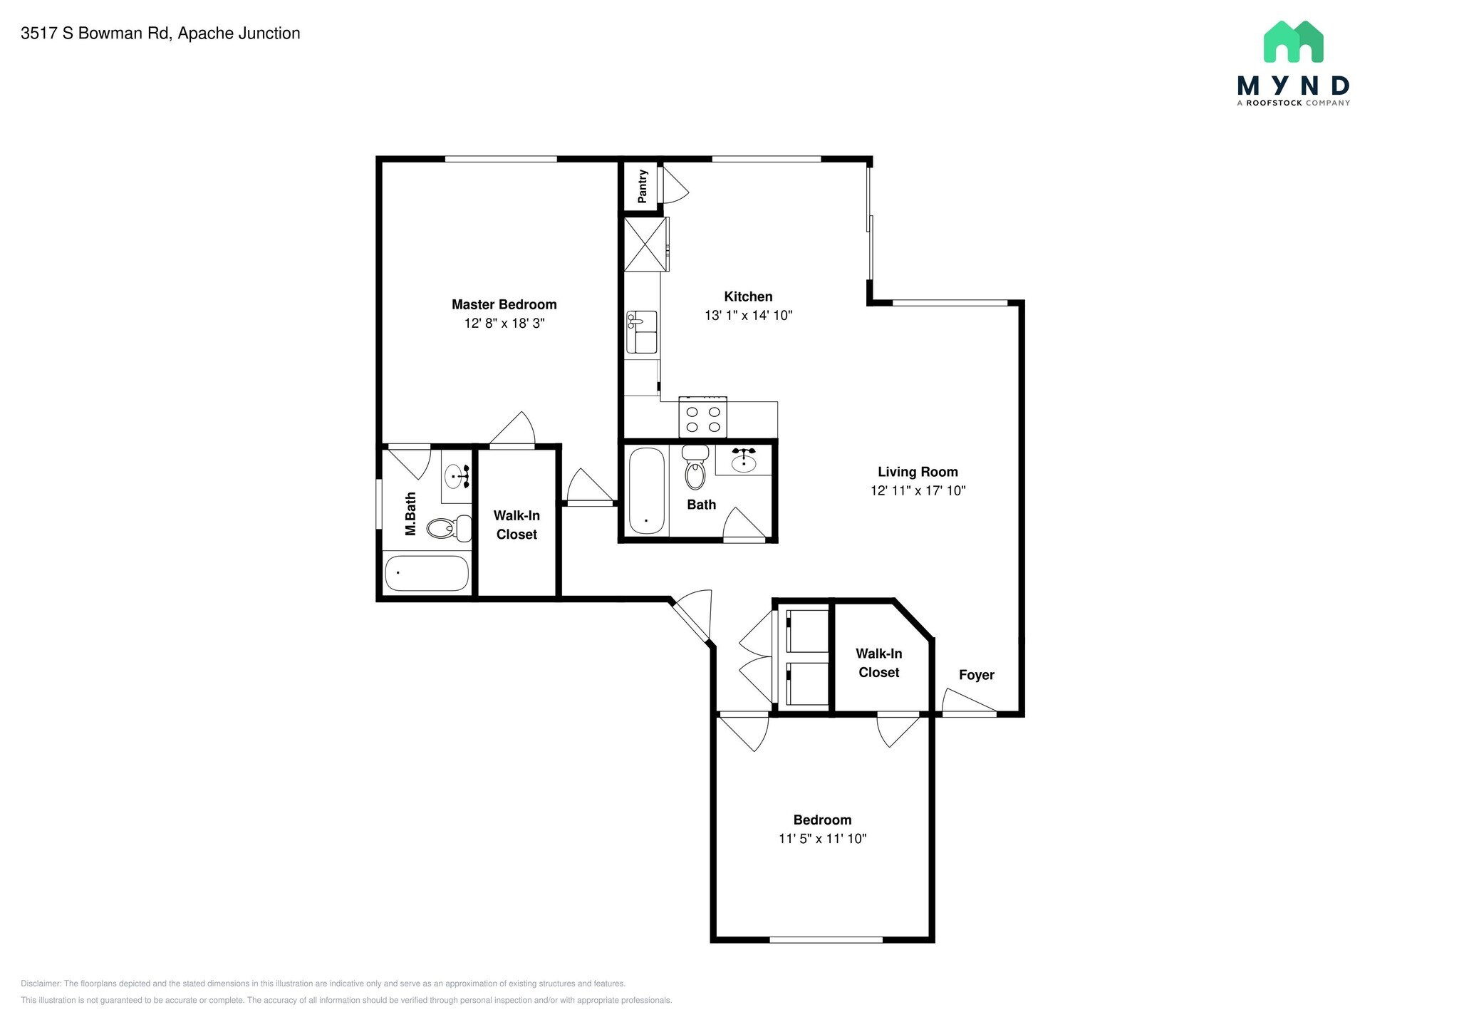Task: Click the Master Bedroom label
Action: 504,304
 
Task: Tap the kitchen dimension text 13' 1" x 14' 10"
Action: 748,315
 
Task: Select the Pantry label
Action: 643,186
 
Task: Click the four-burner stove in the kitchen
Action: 702,419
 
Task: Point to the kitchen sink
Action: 641,332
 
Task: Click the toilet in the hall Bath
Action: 695,468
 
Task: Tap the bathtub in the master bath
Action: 426,574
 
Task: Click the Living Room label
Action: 918,472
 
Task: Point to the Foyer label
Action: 976,675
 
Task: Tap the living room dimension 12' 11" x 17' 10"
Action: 918,490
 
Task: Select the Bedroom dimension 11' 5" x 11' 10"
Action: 822,839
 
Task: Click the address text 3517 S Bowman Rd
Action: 160,33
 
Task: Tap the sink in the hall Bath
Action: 744,461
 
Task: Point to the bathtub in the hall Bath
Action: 647,490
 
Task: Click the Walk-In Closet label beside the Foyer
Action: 878,663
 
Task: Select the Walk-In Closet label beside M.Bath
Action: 516,525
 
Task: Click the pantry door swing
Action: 674,185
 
